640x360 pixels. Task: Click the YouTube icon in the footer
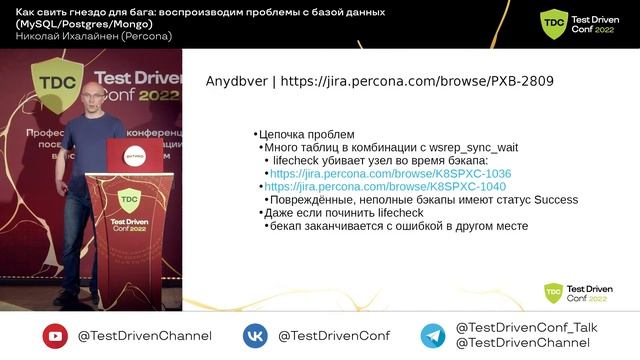[x=55, y=336]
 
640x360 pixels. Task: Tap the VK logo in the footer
[x=255, y=336]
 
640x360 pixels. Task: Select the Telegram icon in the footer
[x=432, y=336]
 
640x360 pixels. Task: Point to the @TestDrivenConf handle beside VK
[x=334, y=336]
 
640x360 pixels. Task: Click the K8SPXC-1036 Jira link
[x=390, y=173]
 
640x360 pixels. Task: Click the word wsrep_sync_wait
[x=460, y=147]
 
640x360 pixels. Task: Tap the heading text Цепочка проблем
[x=306, y=134]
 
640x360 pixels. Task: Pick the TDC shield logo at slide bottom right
[x=553, y=292]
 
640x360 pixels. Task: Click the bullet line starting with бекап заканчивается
[x=397, y=226]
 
